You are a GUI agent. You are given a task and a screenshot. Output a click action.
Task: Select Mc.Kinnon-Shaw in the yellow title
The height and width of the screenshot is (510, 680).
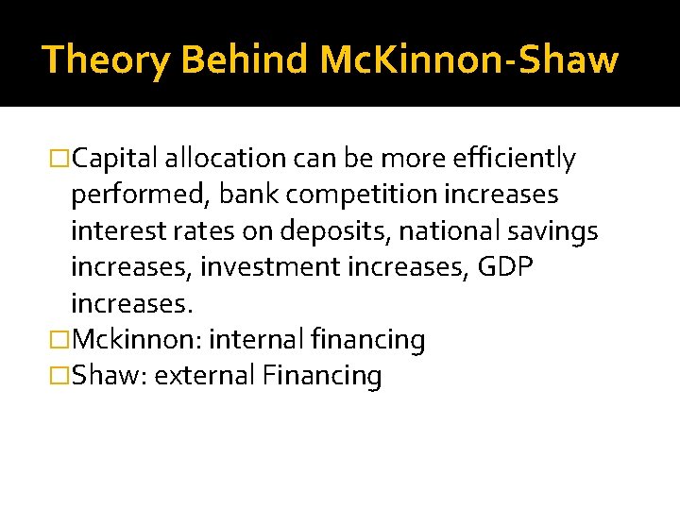469,59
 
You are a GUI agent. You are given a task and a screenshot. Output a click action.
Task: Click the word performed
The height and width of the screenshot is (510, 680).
141,195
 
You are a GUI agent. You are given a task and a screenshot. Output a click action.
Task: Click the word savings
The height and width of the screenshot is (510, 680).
557,231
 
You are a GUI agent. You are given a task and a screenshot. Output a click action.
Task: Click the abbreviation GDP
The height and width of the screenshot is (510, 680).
506,267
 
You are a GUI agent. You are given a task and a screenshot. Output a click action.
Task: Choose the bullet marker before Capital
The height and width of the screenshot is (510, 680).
60,161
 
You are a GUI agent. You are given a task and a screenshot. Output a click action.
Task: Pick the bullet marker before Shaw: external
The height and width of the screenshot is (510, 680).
60,376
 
